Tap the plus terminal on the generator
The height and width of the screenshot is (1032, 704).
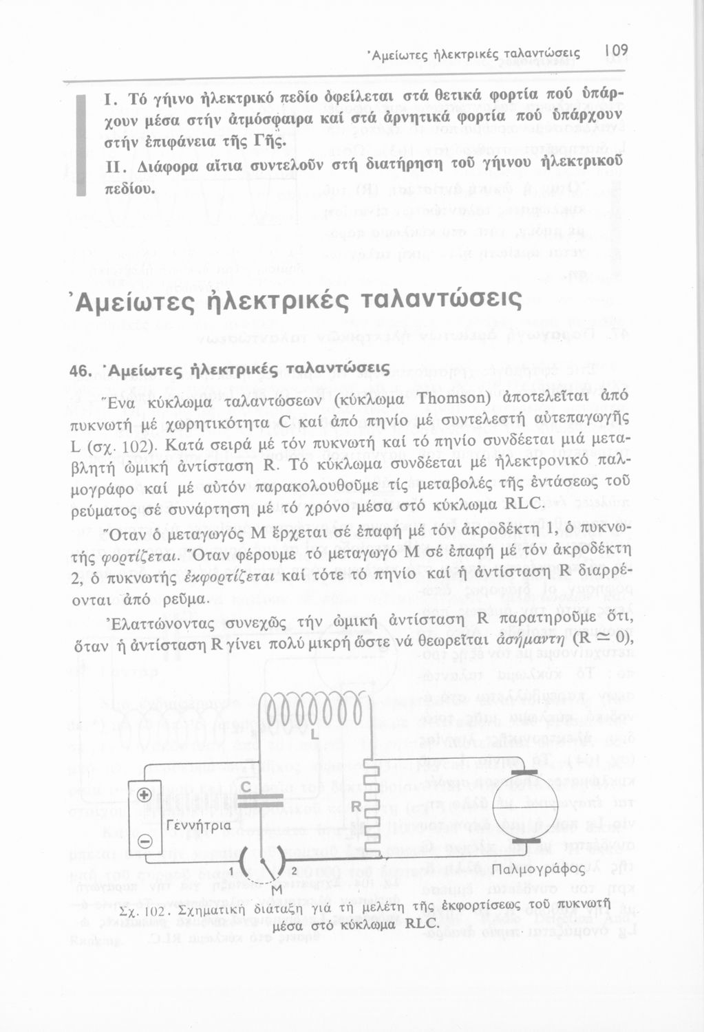click(x=145, y=795)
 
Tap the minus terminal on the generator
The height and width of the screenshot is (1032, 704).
click(x=145, y=842)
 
